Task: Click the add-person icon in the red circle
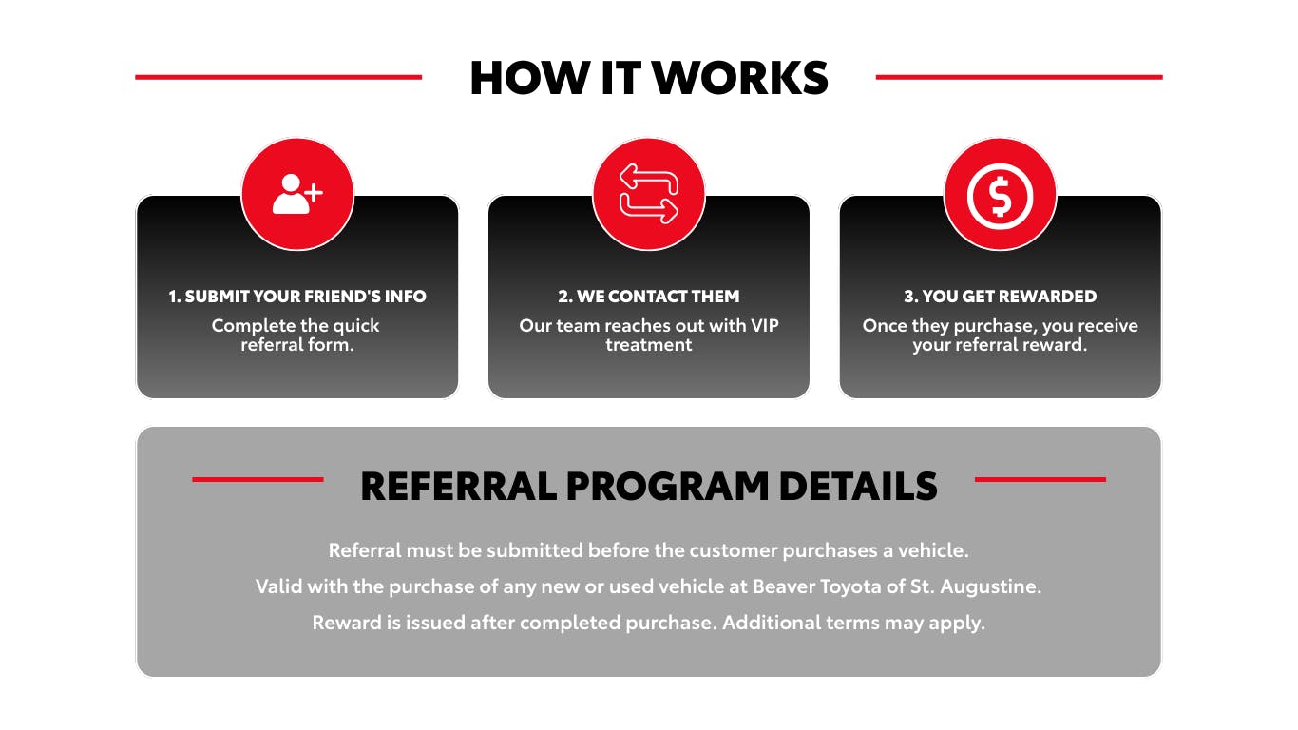click(x=297, y=194)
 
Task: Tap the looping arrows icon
click(x=649, y=194)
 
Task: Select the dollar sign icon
click(x=1000, y=194)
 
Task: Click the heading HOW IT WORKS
click(x=649, y=78)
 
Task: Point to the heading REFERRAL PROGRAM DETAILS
click(x=649, y=486)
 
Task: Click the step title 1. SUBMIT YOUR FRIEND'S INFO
click(x=297, y=297)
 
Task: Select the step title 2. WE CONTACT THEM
click(x=649, y=297)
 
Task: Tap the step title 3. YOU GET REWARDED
click(x=1000, y=297)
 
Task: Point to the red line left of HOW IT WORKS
click(x=278, y=77)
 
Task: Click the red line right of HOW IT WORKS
click(x=1019, y=77)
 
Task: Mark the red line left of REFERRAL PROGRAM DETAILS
click(x=258, y=479)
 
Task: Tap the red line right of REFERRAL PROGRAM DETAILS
click(x=1040, y=479)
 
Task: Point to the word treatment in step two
click(x=649, y=344)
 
